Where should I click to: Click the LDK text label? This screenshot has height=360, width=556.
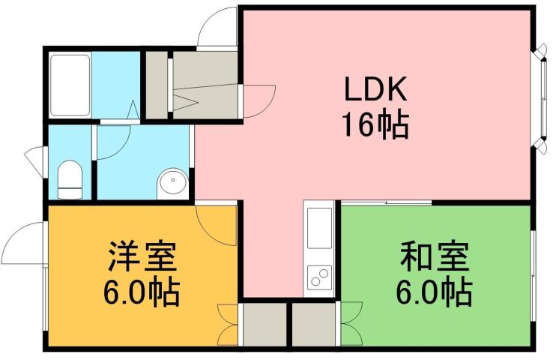point(375,90)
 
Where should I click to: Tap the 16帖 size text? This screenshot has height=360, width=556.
point(375,124)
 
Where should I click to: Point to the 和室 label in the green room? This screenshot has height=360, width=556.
point(434,259)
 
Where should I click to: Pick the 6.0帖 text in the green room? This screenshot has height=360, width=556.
point(434,292)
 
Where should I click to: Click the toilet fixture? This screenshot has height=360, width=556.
point(70,179)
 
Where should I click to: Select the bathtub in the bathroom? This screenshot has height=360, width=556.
point(70,83)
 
